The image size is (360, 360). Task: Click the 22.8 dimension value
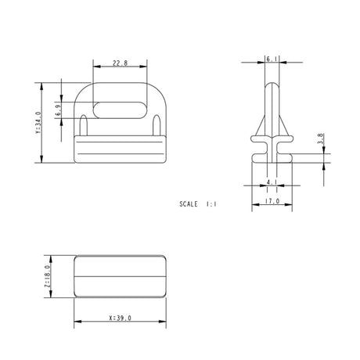(120, 63)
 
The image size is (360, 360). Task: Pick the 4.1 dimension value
(271, 182)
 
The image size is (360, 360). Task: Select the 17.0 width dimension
(271, 201)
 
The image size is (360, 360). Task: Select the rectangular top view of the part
(120, 275)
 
